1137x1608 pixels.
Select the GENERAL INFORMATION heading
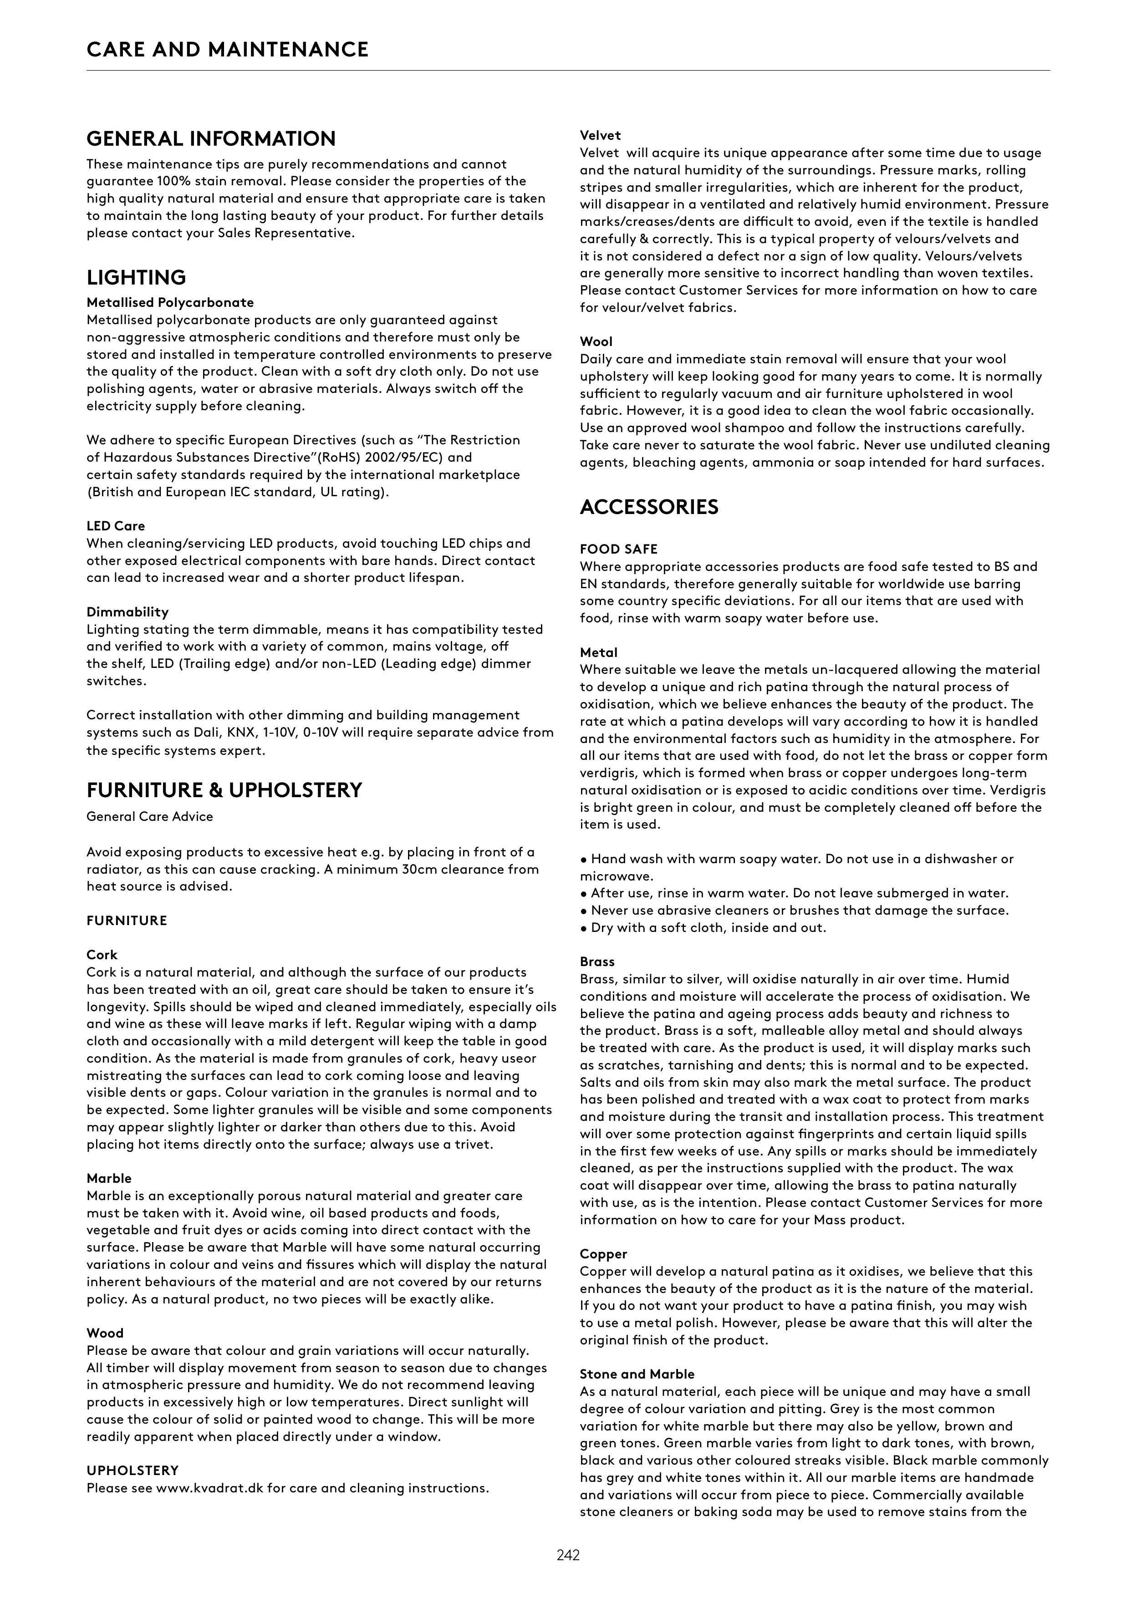211,139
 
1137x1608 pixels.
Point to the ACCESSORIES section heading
649,507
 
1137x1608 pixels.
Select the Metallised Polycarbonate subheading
170,303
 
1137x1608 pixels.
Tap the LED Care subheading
116,526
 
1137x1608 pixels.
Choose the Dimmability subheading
127,612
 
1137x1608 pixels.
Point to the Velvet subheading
600,135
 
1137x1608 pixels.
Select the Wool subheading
596,342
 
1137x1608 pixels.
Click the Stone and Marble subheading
637,1374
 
